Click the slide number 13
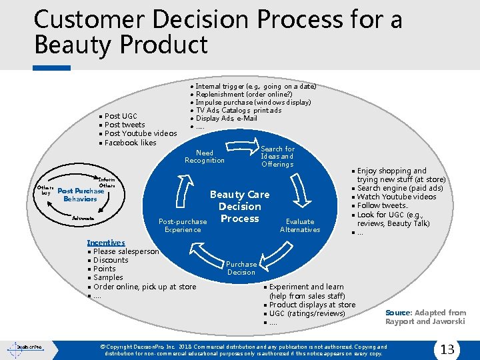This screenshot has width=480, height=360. [447, 349]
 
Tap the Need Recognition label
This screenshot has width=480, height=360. [205, 157]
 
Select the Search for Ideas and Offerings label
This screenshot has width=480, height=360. [277, 157]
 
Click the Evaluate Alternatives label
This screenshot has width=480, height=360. [300, 225]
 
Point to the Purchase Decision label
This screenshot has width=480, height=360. [241, 268]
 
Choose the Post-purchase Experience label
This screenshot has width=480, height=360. [183, 225]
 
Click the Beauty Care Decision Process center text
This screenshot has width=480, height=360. [240, 207]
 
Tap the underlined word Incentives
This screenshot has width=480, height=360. [106, 243]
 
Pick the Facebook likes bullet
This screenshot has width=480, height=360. [130, 142]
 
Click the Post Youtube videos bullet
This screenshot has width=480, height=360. [140, 133]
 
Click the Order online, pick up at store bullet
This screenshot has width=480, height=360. [145, 287]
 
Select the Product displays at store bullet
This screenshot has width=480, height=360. [312, 305]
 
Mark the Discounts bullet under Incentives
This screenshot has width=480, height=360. [111, 260]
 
